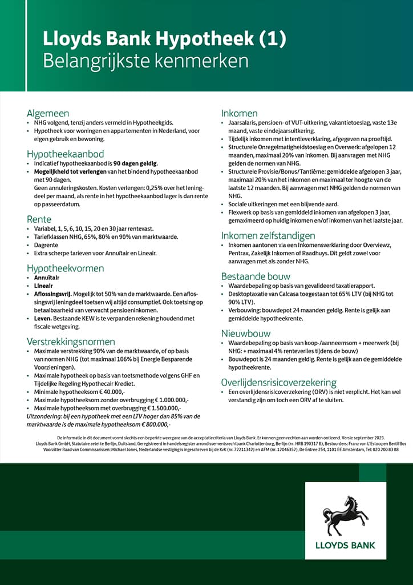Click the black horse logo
point(346,515)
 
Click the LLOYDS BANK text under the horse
point(346,545)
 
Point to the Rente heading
point(39,219)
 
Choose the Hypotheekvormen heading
point(65,267)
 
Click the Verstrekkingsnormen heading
point(71,341)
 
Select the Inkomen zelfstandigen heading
point(268,235)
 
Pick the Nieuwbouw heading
point(245,333)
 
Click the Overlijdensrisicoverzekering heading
point(278,382)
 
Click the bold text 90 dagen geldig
point(136,164)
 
